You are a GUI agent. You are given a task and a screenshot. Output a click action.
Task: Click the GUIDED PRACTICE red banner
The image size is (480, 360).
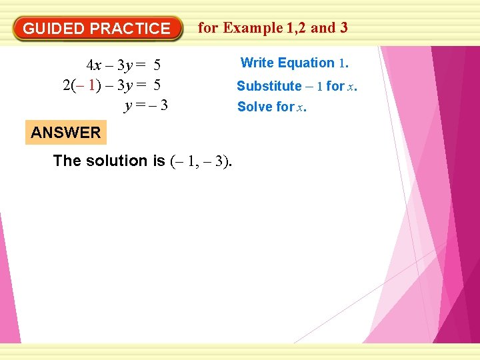point(97,29)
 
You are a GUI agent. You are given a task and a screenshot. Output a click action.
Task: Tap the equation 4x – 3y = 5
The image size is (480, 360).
point(123,65)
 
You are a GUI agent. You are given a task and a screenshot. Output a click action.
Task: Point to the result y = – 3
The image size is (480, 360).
point(145,105)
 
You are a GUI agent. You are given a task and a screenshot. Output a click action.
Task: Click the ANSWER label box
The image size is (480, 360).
point(65,133)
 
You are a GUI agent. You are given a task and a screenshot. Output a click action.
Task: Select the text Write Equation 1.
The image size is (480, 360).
point(294,63)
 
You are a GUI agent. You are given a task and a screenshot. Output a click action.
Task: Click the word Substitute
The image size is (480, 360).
point(269,86)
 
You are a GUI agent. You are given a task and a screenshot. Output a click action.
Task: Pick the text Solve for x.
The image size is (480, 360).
point(272,107)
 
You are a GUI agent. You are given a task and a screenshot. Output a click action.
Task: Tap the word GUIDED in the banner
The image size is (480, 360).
point(54,29)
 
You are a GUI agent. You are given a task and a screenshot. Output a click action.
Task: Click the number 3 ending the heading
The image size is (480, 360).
point(343,28)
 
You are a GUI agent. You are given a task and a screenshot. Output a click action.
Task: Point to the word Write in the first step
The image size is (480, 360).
point(257,63)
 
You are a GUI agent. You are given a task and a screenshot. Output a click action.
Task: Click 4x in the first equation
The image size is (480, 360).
point(94,65)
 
